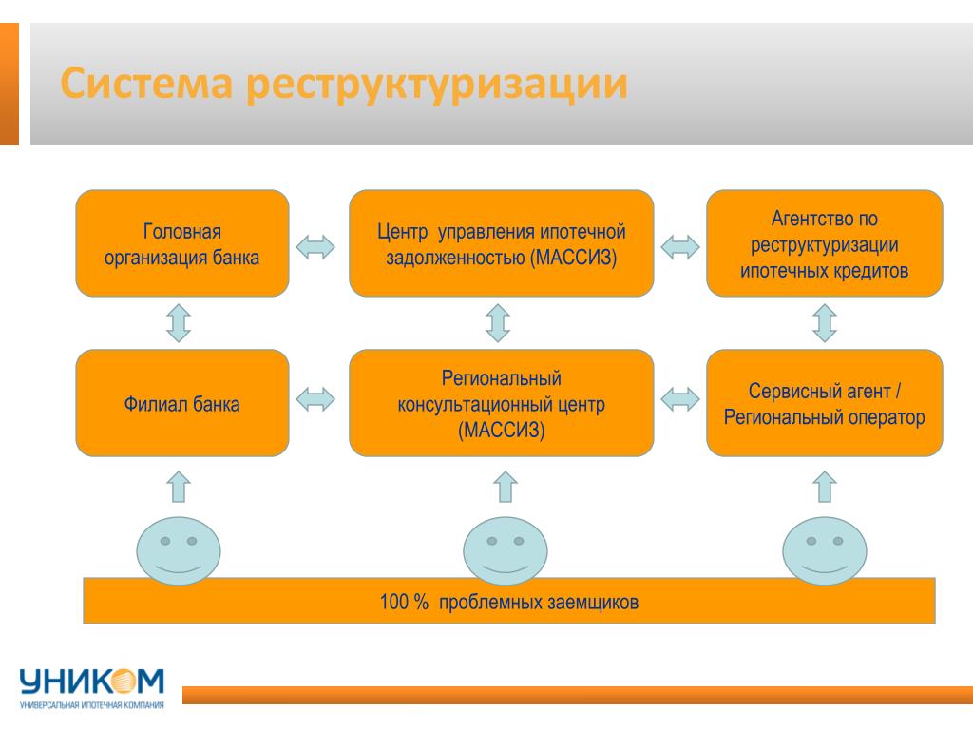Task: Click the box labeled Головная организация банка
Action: point(181,243)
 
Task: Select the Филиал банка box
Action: point(181,403)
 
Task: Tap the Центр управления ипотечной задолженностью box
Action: point(502,243)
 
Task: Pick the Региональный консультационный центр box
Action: point(502,403)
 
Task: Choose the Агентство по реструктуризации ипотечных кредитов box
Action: point(825,243)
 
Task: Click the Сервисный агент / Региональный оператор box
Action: point(825,403)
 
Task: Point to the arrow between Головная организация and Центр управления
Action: point(315,247)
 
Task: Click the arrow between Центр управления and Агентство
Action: point(680,247)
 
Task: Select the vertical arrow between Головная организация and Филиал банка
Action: point(179,323)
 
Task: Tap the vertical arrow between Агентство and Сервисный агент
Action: point(825,323)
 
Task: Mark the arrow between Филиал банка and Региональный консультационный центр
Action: point(315,399)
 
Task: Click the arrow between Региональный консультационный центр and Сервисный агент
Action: point(680,399)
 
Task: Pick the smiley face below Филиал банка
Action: point(179,550)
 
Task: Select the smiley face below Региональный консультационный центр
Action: point(506,550)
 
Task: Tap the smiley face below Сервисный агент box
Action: point(825,550)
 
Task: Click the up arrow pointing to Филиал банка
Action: point(179,487)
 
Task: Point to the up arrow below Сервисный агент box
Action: point(825,487)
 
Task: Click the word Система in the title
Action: point(146,84)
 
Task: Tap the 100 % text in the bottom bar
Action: point(404,602)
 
